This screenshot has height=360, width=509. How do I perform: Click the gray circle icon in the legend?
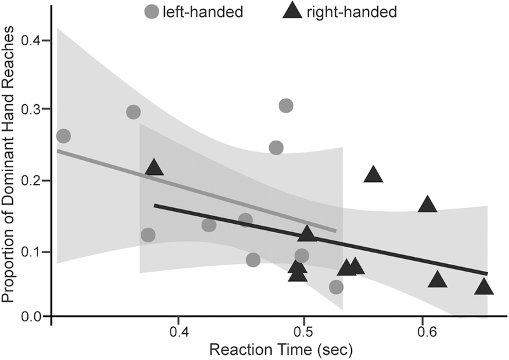[x=151, y=11]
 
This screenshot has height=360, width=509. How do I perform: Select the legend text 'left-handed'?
[x=203, y=11]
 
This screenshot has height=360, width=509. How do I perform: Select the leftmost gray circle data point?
[x=64, y=136]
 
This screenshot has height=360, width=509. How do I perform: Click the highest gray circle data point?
[x=286, y=106]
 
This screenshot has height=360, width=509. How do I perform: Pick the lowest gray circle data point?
[x=337, y=287]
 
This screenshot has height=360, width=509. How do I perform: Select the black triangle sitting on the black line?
[x=307, y=234]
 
